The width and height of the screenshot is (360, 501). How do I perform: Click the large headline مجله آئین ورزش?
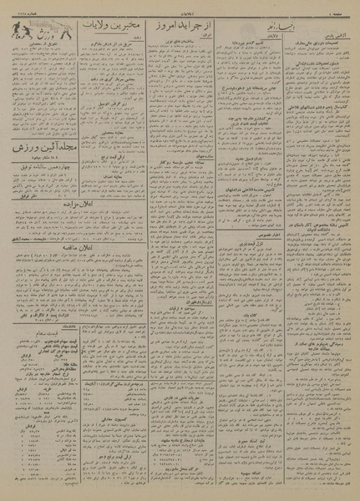click(x=43, y=147)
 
